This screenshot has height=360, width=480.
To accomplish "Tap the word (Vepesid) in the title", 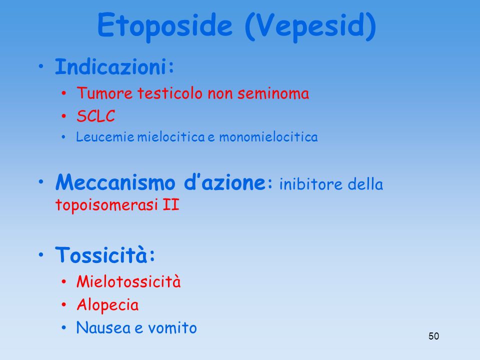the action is click(310, 26).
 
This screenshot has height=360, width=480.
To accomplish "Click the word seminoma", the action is click(273, 93).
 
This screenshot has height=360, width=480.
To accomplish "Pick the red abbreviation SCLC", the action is click(96, 116).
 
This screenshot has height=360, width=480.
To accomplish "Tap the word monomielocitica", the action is click(268, 137).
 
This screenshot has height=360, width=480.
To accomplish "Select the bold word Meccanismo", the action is click(115, 182).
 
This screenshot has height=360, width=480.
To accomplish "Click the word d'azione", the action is click(224, 182).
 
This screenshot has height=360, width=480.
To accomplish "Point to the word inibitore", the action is click(311, 184).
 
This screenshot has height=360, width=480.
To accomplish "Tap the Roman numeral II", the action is click(171, 204).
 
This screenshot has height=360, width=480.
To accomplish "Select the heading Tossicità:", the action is click(105, 254).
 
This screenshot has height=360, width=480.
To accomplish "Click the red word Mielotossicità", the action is click(128, 281).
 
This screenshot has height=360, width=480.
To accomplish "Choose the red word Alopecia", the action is click(107, 305).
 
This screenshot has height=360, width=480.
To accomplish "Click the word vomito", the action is click(172, 328).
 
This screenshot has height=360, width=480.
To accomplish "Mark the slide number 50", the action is click(434, 336).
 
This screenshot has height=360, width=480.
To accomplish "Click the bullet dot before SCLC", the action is click(63, 116).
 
